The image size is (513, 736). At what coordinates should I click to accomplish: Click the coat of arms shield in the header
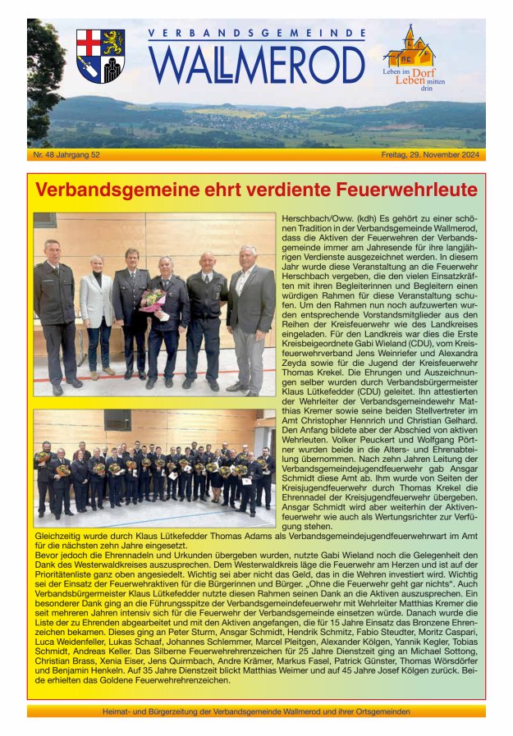[x=100, y=56]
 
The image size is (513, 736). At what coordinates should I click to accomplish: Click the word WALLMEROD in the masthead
[x=257, y=64]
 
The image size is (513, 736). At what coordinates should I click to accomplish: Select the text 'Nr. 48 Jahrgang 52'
[x=66, y=154]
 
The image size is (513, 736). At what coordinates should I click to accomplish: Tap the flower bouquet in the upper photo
[x=153, y=299]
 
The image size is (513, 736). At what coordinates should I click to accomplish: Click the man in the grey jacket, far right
[x=249, y=316]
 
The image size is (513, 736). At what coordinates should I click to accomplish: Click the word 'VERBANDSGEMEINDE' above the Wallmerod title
[x=257, y=34]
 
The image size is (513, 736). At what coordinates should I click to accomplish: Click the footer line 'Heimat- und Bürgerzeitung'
[x=256, y=711]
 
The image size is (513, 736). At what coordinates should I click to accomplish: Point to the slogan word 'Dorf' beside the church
[x=423, y=73]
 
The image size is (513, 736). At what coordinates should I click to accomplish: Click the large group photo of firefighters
[x=154, y=468]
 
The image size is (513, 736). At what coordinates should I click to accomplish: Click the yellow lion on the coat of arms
[x=112, y=43]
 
